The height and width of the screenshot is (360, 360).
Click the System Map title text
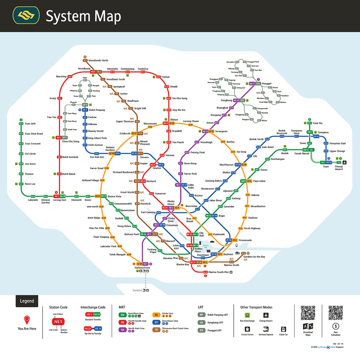tap(83, 16)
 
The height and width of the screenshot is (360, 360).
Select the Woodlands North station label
tap(98, 61)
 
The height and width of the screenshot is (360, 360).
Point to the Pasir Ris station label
tap(318, 123)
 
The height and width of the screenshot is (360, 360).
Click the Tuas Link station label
tap(30, 124)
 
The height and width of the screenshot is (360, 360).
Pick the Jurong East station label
tap(60, 200)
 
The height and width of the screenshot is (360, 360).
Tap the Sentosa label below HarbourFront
tap(137, 290)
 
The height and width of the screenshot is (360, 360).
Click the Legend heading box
tap(27, 301)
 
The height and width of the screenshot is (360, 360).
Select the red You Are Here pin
tap(27, 320)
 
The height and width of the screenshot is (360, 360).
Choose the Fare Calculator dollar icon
tap(336, 326)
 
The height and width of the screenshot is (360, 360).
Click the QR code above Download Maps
tap(308, 313)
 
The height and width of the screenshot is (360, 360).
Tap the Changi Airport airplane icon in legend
tap(266, 315)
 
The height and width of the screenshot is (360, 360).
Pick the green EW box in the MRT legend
tap(123, 315)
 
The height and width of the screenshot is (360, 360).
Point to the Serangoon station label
tap(221, 131)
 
